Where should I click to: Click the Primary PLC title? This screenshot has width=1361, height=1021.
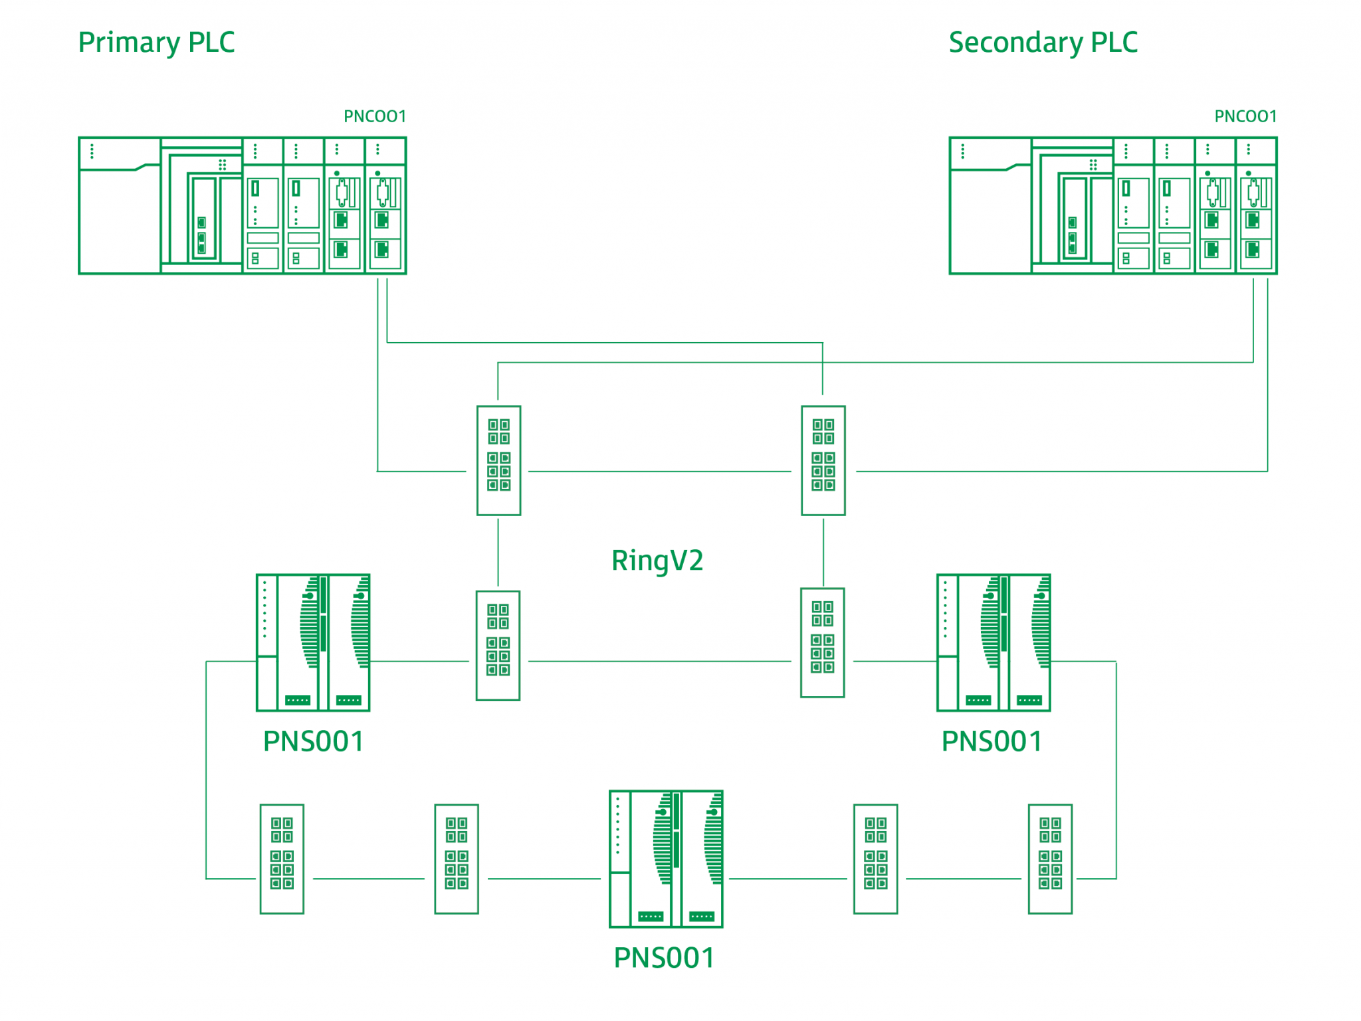coord(156,43)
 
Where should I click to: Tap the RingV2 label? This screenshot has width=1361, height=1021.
coord(657,560)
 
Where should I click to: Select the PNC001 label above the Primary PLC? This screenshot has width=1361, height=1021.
coord(374,116)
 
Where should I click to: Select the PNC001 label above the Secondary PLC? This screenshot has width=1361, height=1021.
coord(1245,116)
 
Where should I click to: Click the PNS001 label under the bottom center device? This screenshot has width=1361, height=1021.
coord(664,957)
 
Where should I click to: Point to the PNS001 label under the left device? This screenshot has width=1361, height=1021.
coord(313,741)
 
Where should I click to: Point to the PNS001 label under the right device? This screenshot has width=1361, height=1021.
coord(992,741)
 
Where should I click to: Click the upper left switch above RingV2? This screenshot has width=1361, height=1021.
coord(498,460)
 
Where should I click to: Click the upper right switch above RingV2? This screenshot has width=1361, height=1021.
coord(823,460)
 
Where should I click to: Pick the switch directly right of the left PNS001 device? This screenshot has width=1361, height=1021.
coord(498,644)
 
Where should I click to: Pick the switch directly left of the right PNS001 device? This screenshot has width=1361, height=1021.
coord(822,642)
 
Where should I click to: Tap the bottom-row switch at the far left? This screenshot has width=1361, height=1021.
coord(282,858)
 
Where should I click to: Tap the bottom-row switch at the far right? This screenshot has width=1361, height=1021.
coord(1050,858)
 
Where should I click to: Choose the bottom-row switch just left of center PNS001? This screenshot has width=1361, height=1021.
coord(457,858)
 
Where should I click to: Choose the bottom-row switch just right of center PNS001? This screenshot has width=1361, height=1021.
coord(875,858)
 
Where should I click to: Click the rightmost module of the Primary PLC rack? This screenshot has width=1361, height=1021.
coord(385,206)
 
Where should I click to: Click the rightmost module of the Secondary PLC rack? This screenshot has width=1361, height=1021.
coord(1256,206)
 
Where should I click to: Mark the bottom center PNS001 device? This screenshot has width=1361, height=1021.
coord(666,858)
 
